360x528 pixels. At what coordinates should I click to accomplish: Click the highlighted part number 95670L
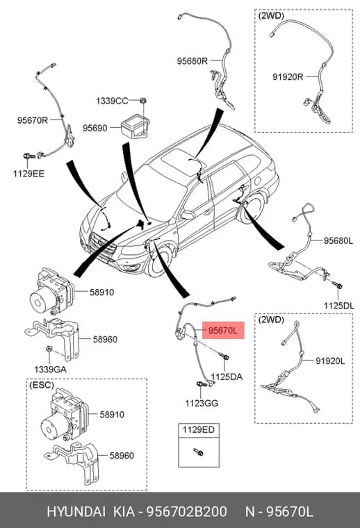point(222,330)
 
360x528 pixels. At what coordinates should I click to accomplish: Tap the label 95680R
point(193,61)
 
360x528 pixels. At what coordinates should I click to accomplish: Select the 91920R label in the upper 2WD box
point(288,77)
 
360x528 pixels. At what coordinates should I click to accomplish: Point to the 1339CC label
point(112,101)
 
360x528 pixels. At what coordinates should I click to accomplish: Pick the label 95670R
point(33,120)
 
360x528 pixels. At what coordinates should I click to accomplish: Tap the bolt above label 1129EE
point(28,156)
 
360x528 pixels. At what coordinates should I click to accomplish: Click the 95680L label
point(338,240)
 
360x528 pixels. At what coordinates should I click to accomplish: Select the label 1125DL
point(338,306)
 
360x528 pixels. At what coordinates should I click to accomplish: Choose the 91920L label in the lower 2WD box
point(330,361)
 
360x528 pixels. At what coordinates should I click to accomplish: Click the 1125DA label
point(227,377)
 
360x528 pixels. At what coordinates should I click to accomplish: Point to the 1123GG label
point(202,403)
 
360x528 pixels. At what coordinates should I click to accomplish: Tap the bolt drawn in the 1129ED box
point(198,452)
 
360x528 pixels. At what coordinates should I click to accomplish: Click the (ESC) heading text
point(42,385)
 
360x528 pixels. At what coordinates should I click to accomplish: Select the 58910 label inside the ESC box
point(112,414)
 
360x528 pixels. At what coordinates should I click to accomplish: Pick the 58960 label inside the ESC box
point(122,455)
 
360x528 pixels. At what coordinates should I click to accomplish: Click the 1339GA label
point(50,369)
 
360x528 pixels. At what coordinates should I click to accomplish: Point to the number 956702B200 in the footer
point(186,511)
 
